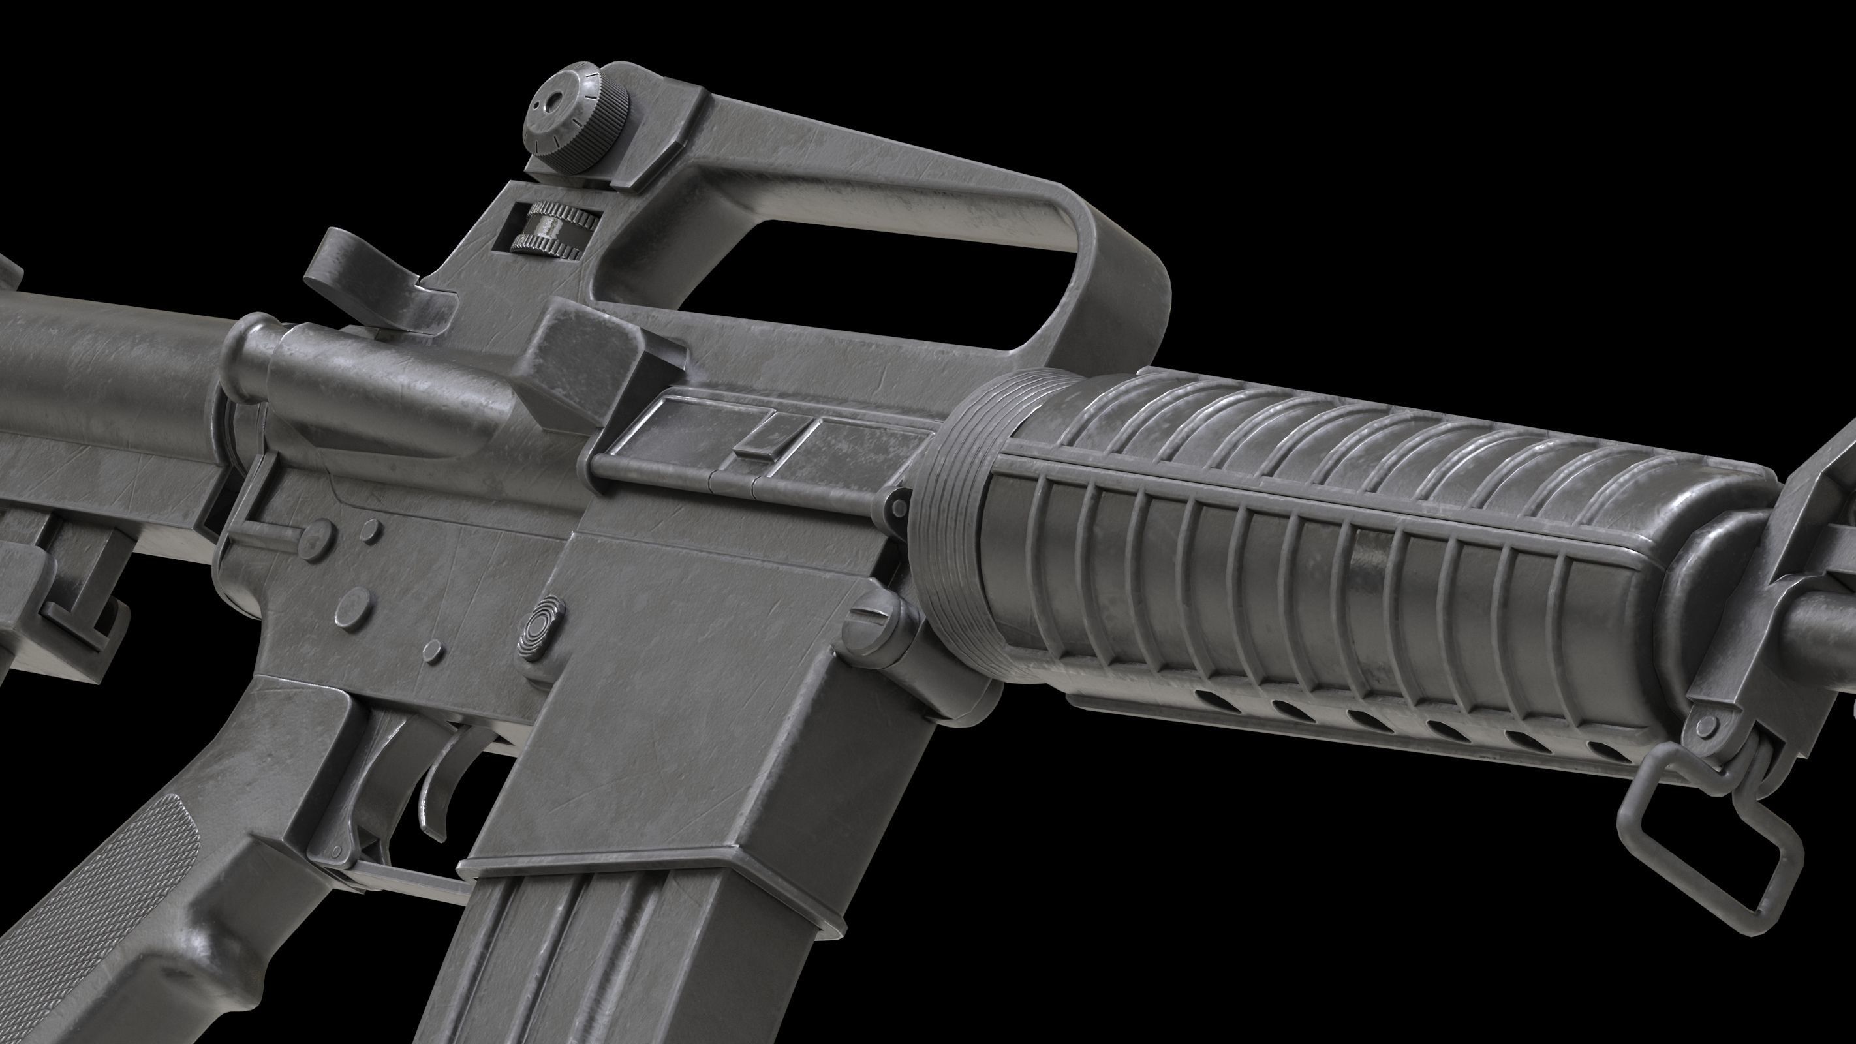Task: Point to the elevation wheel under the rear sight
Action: click(555, 227)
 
